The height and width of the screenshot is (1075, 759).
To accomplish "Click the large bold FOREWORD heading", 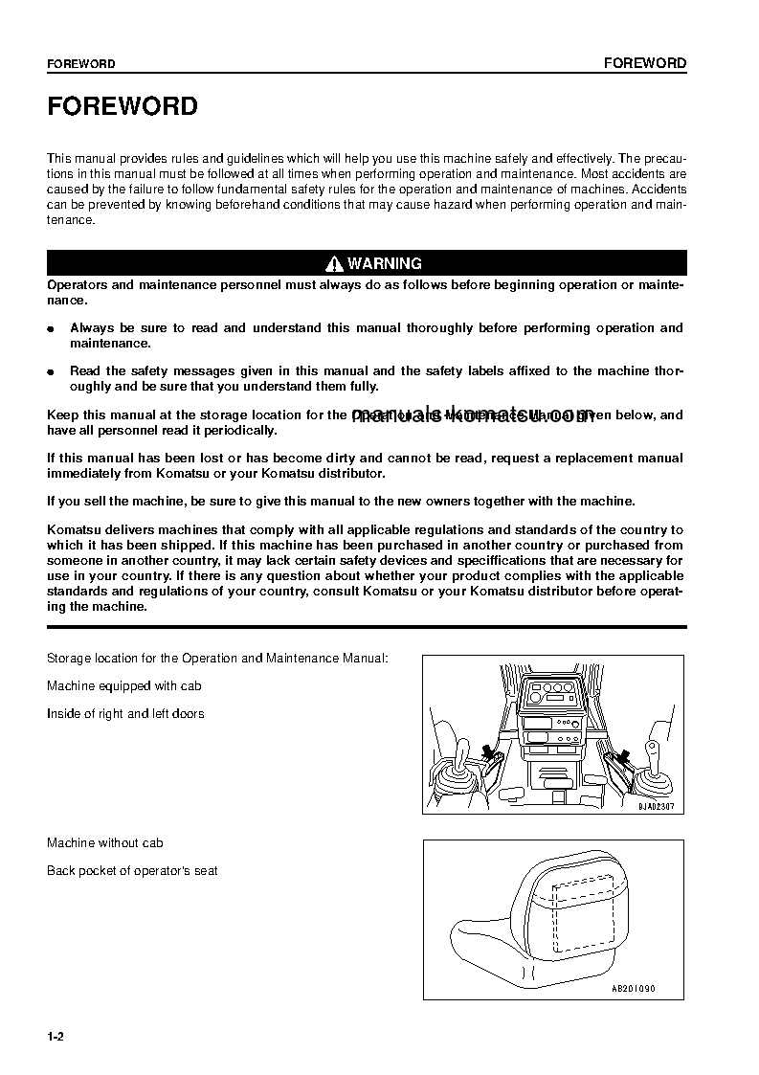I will click(123, 106).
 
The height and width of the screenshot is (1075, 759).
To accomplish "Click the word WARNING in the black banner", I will click(385, 263).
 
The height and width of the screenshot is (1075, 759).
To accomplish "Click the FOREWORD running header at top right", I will click(645, 63).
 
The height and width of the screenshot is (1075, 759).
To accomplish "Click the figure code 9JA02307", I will click(658, 806).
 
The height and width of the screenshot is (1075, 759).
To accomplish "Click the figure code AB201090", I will click(633, 989).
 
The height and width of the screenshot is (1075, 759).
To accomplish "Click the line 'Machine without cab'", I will click(105, 842).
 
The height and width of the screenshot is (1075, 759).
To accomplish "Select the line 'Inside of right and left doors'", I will click(125, 713).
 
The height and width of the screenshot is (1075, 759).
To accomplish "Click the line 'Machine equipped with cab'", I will click(124, 685).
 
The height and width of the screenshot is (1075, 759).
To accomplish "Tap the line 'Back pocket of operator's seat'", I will click(132, 870).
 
